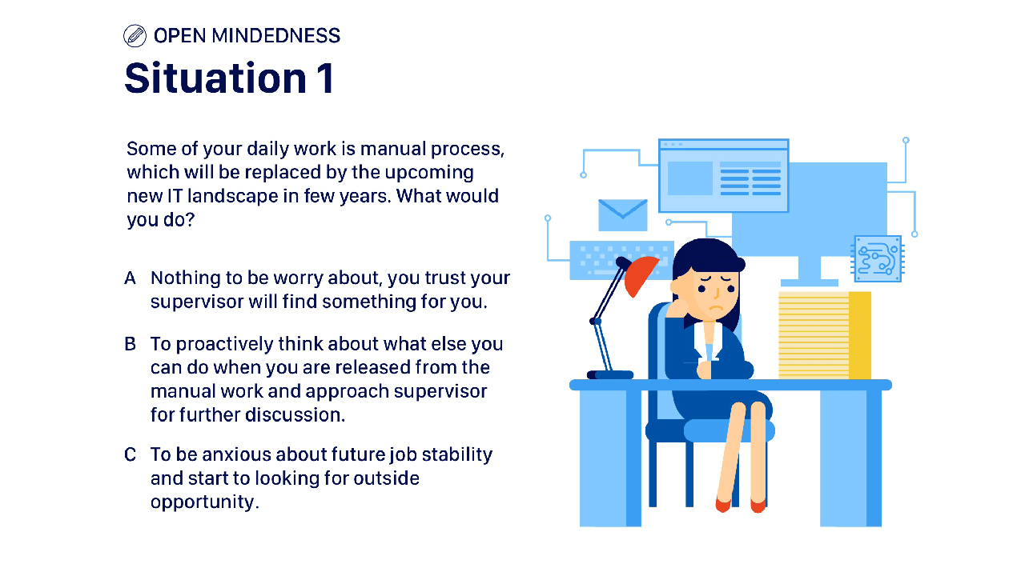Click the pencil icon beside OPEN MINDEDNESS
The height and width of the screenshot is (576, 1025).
(135, 36)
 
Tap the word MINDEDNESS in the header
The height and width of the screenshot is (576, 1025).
(276, 36)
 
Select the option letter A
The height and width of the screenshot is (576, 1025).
(130, 278)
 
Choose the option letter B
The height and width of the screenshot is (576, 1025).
(130, 344)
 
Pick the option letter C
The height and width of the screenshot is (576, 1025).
(130, 454)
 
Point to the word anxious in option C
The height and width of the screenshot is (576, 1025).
(236, 454)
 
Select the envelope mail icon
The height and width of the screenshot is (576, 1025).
(623, 215)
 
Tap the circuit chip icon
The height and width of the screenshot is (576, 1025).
(878, 258)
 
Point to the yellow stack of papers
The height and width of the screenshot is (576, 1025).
(825, 335)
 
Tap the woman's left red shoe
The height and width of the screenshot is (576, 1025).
(723, 505)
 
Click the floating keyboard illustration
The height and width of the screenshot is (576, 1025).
(621, 260)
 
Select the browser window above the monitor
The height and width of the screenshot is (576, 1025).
(723, 175)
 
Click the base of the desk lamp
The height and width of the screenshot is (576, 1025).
(610, 375)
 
